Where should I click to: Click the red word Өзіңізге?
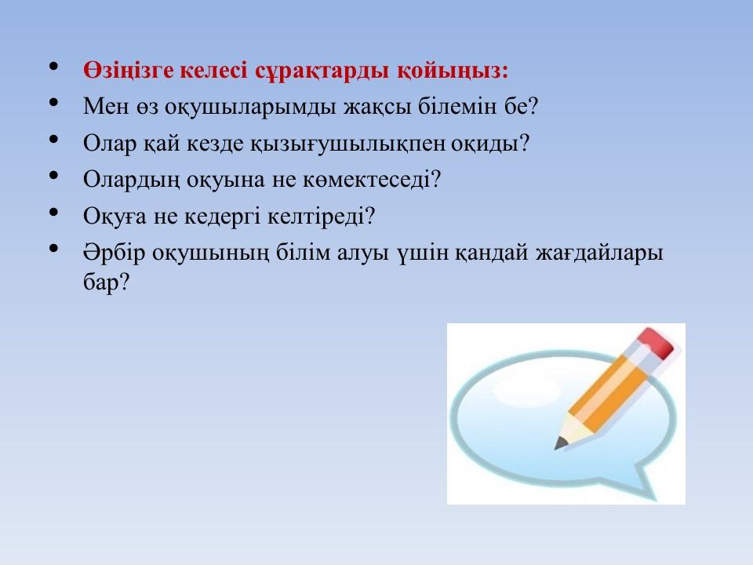pos(128,71)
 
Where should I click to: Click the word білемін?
pos(457,106)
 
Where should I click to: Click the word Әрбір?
pos(114,253)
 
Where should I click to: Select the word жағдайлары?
pos(599,253)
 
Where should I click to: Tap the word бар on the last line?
pos(100,282)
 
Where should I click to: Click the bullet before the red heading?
pos(54,66)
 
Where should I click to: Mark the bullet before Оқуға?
pos(54,212)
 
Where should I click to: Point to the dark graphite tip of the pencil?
pos(560,444)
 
